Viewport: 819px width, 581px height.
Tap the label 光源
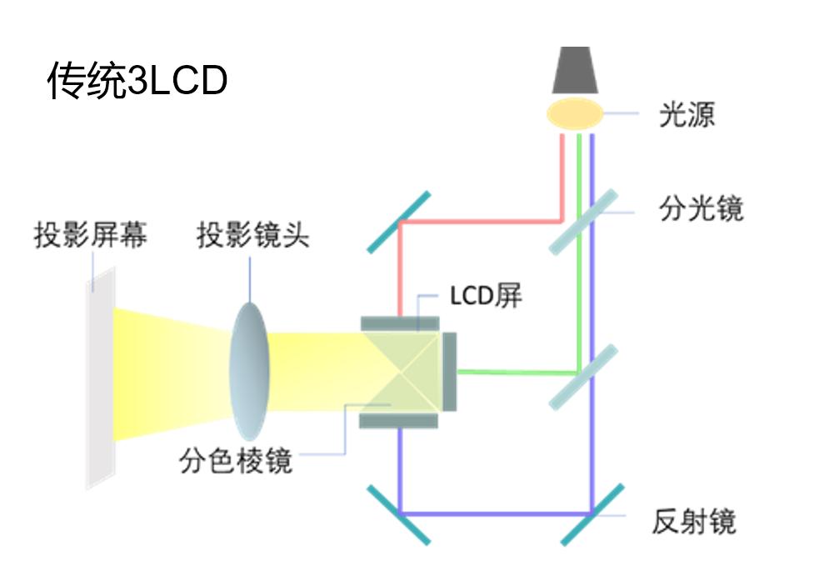[687, 115]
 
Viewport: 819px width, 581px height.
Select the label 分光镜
[701, 208]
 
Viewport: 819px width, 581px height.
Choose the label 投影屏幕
[90, 235]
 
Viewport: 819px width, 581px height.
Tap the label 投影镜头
[252, 235]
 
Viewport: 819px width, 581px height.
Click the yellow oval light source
[575, 113]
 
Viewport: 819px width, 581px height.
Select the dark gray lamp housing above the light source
[575, 70]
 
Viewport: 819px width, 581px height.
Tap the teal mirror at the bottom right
[592, 513]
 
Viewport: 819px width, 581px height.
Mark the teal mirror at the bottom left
[401, 513]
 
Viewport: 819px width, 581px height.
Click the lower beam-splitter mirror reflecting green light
[583, 377]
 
